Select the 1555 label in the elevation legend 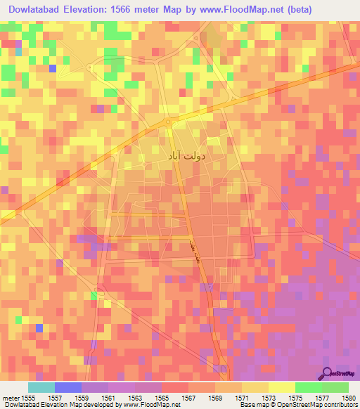click(x=29, y=397)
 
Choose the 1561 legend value click(x=108, y=397)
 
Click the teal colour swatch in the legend click(x=41, y=387)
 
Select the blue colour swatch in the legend click(x=68, y=387)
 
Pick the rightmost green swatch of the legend click(x=335, y=387)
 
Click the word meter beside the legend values click(x=10, y=397)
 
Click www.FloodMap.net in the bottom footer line click(x=151, y=405)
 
